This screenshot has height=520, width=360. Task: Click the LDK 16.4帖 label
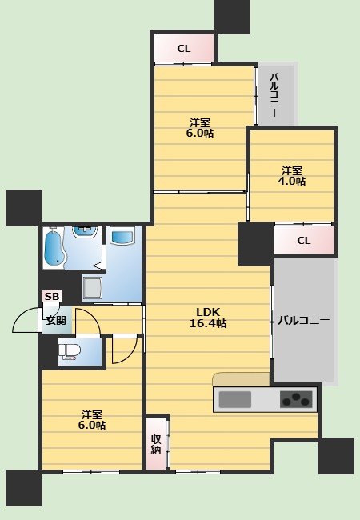tap(208, 318)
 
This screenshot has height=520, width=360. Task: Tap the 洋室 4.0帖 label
tap(292, 176)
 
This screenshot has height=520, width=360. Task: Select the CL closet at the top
tap(184, 49)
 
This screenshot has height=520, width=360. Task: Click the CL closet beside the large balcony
tap(304, 240)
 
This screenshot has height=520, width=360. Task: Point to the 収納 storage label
tap(156, 444)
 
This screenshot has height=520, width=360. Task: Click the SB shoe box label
tap(52, 296)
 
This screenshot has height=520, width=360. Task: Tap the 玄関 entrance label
tap(56, 320)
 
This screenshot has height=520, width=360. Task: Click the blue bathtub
tap(54, 247)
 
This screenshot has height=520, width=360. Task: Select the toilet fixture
tap(70, 351)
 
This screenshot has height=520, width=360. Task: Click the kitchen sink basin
tap(234, 399)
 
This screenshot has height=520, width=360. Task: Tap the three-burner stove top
tap(296, 399)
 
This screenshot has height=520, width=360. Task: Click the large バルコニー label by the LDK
tap(304, 320)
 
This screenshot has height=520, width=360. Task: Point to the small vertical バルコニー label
tap(274, 95)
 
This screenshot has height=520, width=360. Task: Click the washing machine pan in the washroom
tap(92, 287)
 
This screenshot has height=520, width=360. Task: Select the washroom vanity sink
tap(122, 236)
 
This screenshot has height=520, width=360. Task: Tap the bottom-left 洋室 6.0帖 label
tap(92, 419)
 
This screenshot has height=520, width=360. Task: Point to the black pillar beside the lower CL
tap(255, 244)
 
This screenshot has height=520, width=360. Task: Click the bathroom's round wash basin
tap(86, 232)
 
